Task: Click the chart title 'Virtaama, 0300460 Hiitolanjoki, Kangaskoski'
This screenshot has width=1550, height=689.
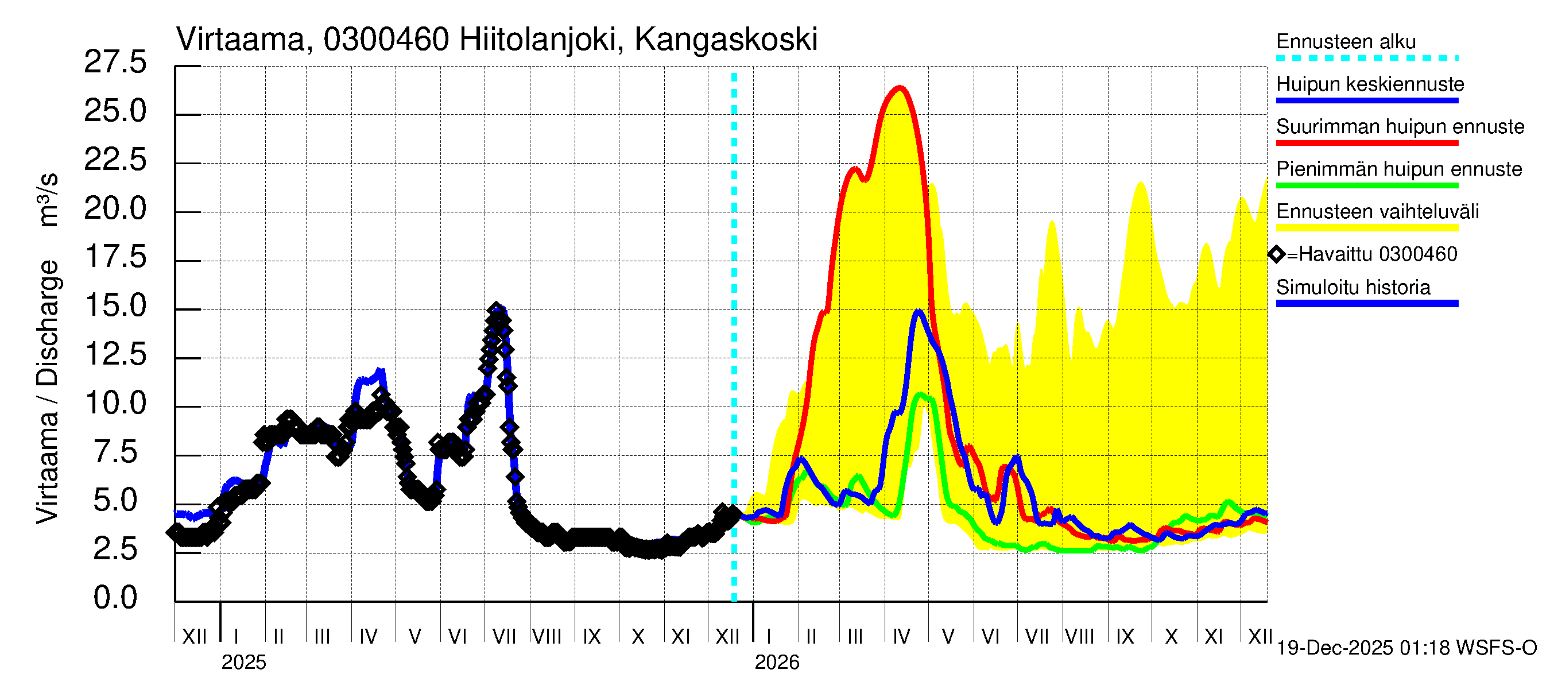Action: [x=497, y=40]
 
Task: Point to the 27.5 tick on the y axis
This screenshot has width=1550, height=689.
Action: [x=115, y=63]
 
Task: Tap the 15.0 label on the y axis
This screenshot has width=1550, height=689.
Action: [x=115, y=306]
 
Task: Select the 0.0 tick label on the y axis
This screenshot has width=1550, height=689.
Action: [x=115, y=598]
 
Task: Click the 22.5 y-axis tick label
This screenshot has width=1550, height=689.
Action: [x=115, y=160]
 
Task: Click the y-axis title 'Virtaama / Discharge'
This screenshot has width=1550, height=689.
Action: [x=48, y=391]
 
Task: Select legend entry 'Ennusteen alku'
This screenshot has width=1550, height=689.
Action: [x=1346, y=42]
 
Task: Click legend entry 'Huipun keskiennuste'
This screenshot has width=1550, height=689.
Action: [x=1370, y=84]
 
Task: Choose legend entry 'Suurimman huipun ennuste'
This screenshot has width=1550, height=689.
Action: [x=1400, y=127]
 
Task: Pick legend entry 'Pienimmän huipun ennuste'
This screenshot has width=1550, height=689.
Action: [x=1398, y=169]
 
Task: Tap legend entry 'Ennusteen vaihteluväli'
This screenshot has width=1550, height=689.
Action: [x=1377, y=212]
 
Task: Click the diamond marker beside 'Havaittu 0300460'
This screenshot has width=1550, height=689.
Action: [x=1276, y=254]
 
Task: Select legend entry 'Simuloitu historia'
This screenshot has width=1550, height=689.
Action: [x=1353, y=288]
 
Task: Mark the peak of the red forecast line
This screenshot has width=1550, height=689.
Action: [x=900, y=88]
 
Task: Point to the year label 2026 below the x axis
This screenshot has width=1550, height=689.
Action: [x=776, y=663]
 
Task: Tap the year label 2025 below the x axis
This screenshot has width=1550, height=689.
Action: [x=243, y=663]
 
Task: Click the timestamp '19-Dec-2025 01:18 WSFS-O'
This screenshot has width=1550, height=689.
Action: [x=1406, y=648]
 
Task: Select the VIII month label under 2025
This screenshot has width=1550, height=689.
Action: [x=547, y=637]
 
